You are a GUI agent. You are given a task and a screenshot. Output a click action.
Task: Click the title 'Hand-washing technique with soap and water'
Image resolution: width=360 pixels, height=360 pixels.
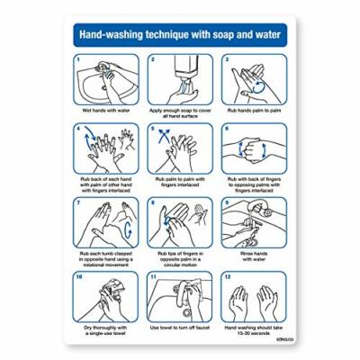pyautogui.click(x=179, y=37)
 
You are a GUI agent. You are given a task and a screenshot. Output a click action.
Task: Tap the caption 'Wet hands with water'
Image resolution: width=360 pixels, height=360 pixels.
pyautogui.click(x=105, y=110)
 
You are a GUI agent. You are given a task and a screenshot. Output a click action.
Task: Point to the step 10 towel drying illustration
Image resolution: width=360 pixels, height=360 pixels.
pyautogui.click(x=105, y=295)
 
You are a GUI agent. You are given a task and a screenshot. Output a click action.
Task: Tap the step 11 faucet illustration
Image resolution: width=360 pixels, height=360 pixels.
pyautogui.click(x=180, y=295)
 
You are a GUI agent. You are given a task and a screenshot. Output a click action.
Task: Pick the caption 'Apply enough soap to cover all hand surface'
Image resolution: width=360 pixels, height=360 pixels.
pyautogui.click(x=180, y=112)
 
